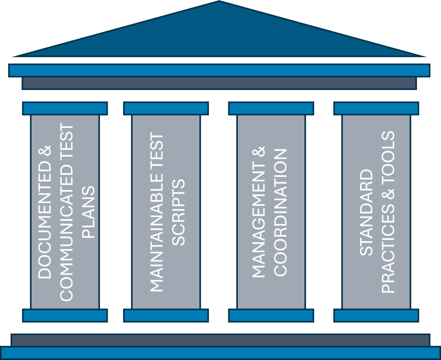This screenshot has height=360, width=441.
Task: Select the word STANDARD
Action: click(x=367, y=213)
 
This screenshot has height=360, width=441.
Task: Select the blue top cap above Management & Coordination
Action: click(x=271, y=108)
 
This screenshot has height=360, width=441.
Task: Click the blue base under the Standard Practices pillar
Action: click(x=376, y=315)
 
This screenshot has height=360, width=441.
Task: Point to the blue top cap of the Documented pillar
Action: click(x=65, y=108)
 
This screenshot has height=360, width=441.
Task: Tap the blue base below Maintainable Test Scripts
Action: click(x=166, y=315)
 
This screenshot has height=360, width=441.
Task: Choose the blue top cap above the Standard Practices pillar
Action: click(x=376, y=108)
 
